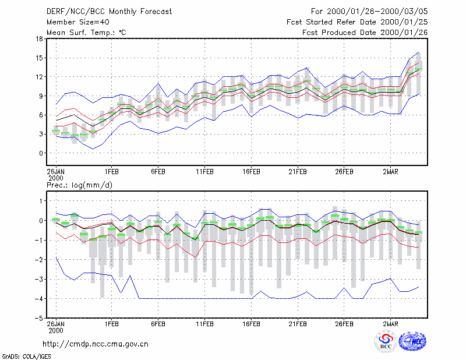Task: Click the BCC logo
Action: (x=386, y=341)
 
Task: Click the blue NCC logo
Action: (x=412, y=341)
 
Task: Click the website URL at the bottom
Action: (x=96, y=344)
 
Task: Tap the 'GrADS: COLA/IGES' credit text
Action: (x=26, y=357)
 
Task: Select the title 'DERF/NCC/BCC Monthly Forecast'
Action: (x=109, y=12)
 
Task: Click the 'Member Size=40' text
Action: (x=78, y=22)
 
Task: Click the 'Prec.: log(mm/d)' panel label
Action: (x=79, y=185)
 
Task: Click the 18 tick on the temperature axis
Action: (x=39, y=38)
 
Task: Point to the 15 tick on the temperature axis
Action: (x=39, y=58)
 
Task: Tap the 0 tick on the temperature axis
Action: (x=41, y=153)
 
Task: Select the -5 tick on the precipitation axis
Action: (x=38, y=318)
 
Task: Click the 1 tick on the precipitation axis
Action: (x=41, y=201)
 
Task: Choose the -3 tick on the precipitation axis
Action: (x=38, y=279)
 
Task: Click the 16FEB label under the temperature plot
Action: (x=251, y=172)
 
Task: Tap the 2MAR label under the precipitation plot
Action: (x=390, y=324)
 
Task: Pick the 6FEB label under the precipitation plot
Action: (x=158, y=324)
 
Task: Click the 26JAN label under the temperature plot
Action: (x=55, y=172)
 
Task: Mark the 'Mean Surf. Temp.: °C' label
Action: (x=86, y=33)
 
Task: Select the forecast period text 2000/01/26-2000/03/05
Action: (x=377, y=12)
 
